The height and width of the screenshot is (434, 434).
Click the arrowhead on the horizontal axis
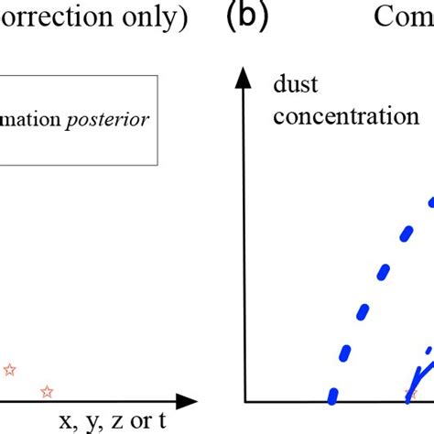point(188,401)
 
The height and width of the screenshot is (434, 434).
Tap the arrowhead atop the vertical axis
point(244,80)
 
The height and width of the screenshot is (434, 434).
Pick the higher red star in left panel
point(9,370)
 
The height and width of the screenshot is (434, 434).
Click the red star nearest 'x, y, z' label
point(47,392)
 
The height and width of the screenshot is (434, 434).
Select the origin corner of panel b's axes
point(244,401)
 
